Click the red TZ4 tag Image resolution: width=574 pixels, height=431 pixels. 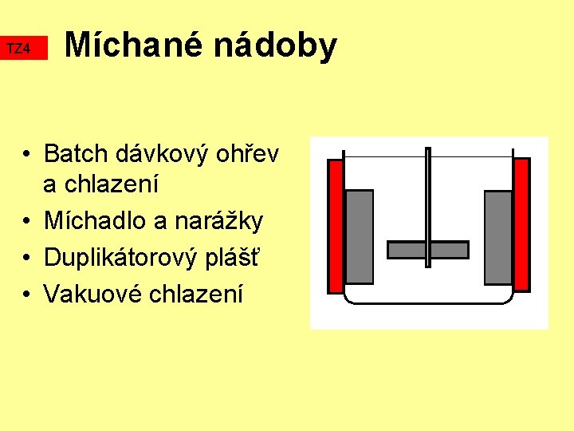coord(24,49)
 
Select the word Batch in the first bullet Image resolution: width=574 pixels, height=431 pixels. coord(77,153)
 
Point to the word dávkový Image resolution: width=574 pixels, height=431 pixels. coord(162,153)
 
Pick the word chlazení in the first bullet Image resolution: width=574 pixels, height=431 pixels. coord(101,184)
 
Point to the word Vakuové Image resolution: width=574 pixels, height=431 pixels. coord(88,294)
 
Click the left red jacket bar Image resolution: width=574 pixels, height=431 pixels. coord(336,224)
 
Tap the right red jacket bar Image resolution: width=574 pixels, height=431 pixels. coord(521,224)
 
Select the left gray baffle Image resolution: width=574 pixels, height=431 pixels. coord(360,237)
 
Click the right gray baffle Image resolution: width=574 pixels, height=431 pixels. coord(498,237)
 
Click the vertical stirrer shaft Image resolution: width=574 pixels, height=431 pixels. coord(428,192)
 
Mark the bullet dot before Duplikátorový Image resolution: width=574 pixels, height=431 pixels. coord(27,258)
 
